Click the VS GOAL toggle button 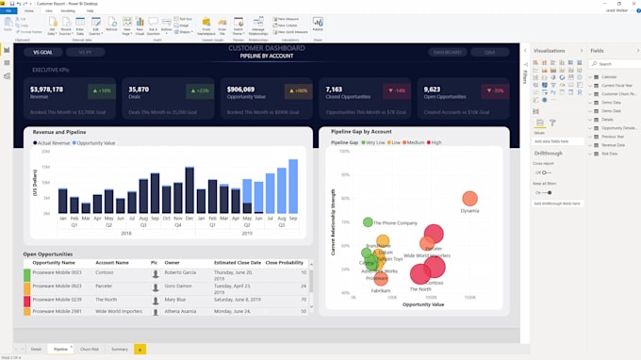click(x=43, y=53)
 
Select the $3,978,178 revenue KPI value click(x=47, y=90)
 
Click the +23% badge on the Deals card click(x=200, y=90)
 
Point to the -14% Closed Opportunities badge click(x=396, y=90)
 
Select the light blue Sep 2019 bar click(x=293, y=187)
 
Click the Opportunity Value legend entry click(x=95, y=143)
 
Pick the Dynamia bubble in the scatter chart click(x=469, y=199)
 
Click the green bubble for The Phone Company click(x=368, y=222)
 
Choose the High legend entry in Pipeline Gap click(x=435, y=142)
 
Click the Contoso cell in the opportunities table click(x=105, y=272)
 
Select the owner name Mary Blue click(x=175, y=299)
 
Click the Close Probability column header click(x=285, y=262)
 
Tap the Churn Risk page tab click(x=90, y=349)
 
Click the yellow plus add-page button click(x=140, y=349)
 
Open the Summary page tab click(x=120, y=349)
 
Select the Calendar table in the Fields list click(x=609, y=77)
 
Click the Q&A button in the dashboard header click(x=489, y=53)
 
